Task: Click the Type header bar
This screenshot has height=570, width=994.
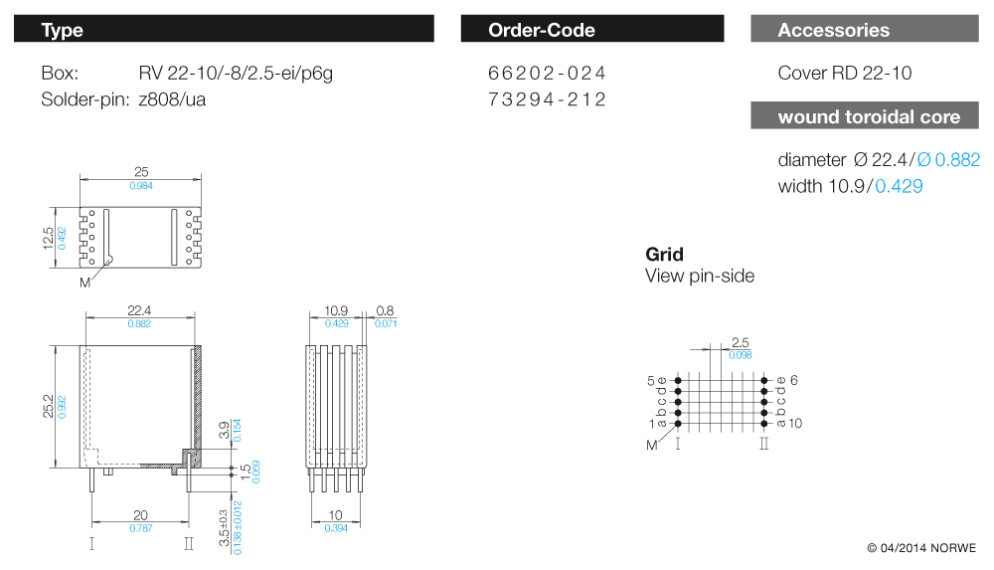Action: (224, 30)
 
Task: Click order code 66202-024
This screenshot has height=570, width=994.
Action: (547, 74)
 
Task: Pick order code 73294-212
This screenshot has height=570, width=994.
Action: (547, 99)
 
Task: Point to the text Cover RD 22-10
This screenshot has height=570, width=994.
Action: (844, 74)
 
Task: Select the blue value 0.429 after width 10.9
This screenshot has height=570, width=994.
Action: (899, 186)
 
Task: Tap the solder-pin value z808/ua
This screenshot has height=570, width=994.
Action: (172, 99)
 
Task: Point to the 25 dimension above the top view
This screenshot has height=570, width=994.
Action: (141, 172)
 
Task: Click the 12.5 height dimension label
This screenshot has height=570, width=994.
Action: (48, 239)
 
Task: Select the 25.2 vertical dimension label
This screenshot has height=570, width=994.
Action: (48, 406)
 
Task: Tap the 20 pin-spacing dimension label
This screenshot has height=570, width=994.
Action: (141, 516)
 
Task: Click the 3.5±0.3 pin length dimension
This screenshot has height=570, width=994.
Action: (226, 528)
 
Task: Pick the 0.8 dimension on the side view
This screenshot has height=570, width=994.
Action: (385, 311)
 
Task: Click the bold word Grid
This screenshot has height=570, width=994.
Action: (664, 255)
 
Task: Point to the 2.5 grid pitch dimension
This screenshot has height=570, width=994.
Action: (739, 343)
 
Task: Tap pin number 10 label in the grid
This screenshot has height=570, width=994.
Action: (795, 424)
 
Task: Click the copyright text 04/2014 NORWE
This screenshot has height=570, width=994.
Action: (921, 548)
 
